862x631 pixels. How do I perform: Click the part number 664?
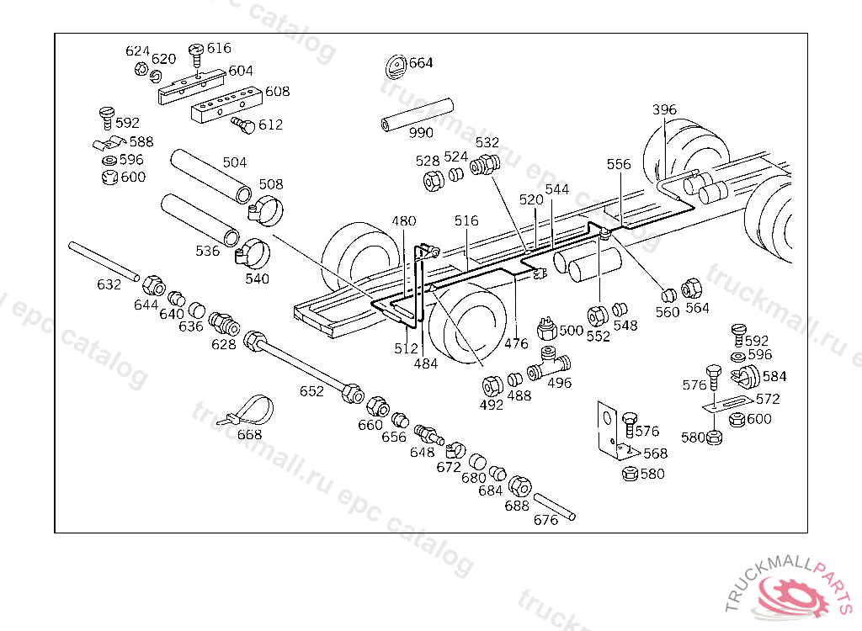(421, 62)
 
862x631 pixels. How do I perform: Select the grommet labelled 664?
(396, 66)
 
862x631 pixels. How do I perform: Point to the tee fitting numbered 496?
(549, 363)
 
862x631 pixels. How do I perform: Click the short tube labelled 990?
(418, 115)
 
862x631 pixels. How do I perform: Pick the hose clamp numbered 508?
(265, 209)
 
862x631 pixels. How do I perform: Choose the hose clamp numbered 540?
(252, 252)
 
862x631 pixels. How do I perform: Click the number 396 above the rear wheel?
(664, 109)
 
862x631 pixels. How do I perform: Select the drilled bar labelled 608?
(226, 104)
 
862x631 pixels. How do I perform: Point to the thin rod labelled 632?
(104, 261)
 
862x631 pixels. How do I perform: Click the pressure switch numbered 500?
(547, 328)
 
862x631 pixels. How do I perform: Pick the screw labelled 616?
(196, 57)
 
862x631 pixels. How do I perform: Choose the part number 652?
(311, 391)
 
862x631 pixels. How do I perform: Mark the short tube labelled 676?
(554, 506)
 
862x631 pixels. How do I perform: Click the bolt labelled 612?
(243, 125)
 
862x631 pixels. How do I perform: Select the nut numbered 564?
(691, 289)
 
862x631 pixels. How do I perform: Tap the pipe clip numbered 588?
(109, 144)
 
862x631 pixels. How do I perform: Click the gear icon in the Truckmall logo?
(795, 597)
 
